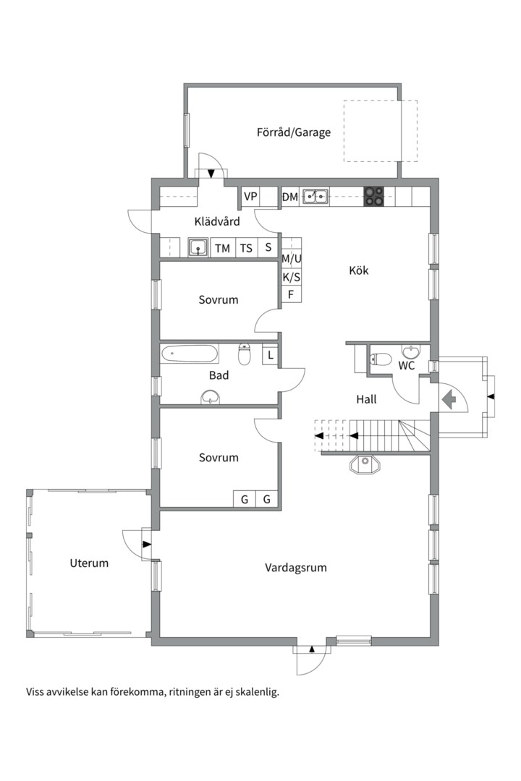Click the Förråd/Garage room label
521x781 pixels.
pyautogui.click(x=294, y=132)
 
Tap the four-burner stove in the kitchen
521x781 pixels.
pyautogui.click(x=374, y=196)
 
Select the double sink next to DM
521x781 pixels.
pyautogui.click(x=315, y=196)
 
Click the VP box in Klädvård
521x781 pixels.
pyautogui.click(x=250, y=196)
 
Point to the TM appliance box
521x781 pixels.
pyautogui.click(x=222, y=248)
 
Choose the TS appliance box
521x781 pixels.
pyautogui.click(x=246, y=248)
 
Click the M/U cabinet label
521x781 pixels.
pyautogui.click(x=292, y=258)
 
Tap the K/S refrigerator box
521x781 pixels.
pyautogui.click(x=292, y=277)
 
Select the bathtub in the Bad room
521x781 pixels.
pyautogui.click(x=190, y=354)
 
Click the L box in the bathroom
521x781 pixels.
pyautogui.click(x=270, y=355)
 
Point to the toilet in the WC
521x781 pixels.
pyautogui.click(x=381, y=359)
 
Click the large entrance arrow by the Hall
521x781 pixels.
pyautogui.click(x=449, y=399)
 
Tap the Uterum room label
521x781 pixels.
pyautogui.click(x=89, y=563)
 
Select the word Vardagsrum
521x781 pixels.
pyautogui.click(x=296, y=568)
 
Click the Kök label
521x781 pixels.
pyautogui.click(x=359, y=270)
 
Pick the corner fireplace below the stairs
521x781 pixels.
pyautogui.click(x=365, y=465)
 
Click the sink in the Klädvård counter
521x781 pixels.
pyautogui.click(x=198, y=247)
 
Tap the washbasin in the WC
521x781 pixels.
pyautogui.click(x=410, y=351)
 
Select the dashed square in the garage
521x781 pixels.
pyautogui.click(x=380, y=130)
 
